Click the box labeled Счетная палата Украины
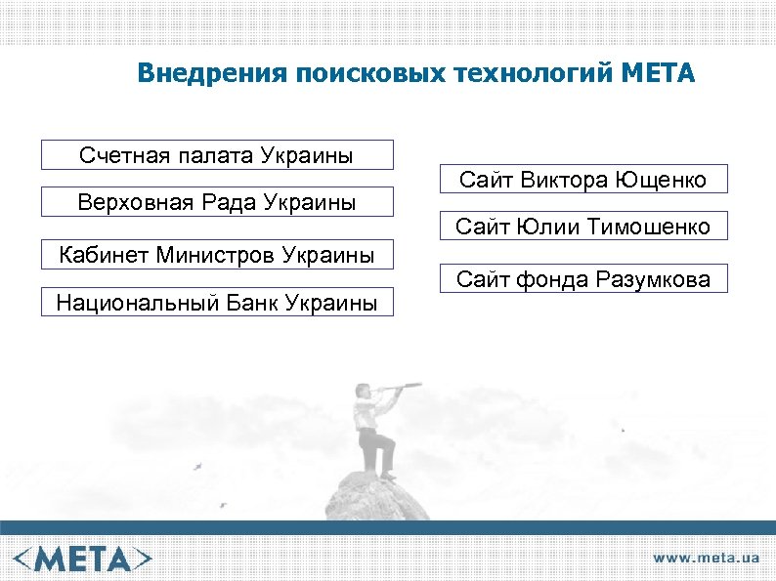(x=217, y=155)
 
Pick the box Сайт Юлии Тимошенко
(x=582, y=228)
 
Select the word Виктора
(x=563, y=180)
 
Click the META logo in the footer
(x=83, y=558)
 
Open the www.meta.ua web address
(x=706, y=559)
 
